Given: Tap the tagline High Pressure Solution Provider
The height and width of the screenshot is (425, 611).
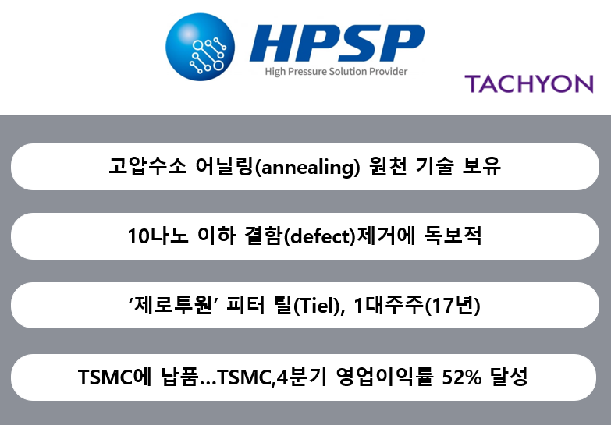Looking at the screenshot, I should pyautogui.click(x=336, y=72).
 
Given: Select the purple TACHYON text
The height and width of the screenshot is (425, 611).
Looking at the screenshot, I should pyautogui.click(x=528, y=83).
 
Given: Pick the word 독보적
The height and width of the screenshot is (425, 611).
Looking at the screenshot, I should pyautogui.click(x=457, y=236).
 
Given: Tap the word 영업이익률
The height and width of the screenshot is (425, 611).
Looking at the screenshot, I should pyautogui.click(x=382, y=377).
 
